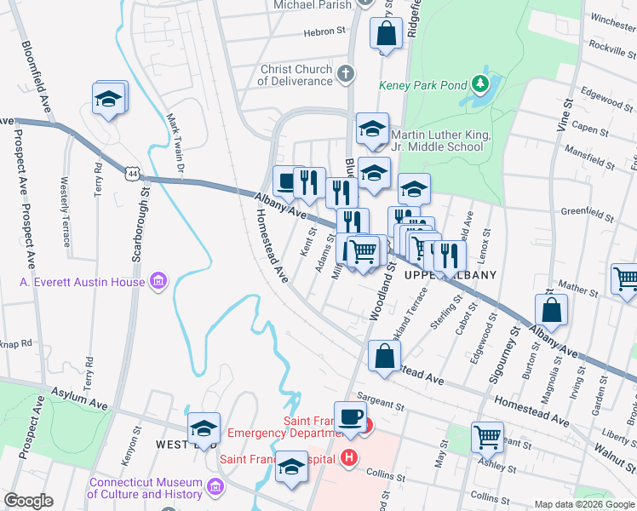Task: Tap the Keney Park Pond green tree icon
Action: point(480,83)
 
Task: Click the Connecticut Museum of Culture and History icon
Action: point(214,486)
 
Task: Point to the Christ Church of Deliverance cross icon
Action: point(345,73)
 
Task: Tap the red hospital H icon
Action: point(347,458)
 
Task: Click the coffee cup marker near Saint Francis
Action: point(350,416)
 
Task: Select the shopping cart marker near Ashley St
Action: point(487,437)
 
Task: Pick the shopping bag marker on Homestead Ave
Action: point(384,355)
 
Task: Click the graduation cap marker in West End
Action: point(204,428)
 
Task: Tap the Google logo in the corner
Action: point(28,501)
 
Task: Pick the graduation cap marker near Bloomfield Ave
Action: point(110,98)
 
